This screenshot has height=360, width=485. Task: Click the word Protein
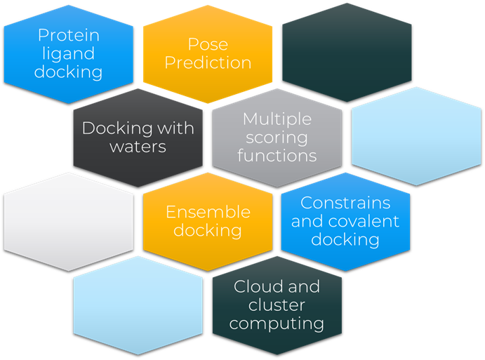[69, 35]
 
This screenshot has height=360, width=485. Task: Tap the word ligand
[69, 53]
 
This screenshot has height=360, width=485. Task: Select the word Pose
[208, 44]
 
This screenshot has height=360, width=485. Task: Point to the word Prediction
[208, 62]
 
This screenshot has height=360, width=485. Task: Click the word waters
[138, 147]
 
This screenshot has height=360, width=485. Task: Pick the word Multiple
[277, 119]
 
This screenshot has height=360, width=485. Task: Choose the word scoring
[277, 138]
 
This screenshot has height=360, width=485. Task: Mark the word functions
[277, 155]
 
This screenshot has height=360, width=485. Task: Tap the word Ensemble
[208, 212]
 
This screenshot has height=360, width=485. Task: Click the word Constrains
[345, 203]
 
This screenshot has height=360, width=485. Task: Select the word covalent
[364, 221]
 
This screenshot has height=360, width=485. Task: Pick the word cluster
[277, 305]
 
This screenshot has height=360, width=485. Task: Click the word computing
[277, 324]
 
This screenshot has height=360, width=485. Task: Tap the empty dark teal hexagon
[347, 53]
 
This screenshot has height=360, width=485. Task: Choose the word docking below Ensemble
[208, 230]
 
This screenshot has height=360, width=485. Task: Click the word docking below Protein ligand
[69, 72]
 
